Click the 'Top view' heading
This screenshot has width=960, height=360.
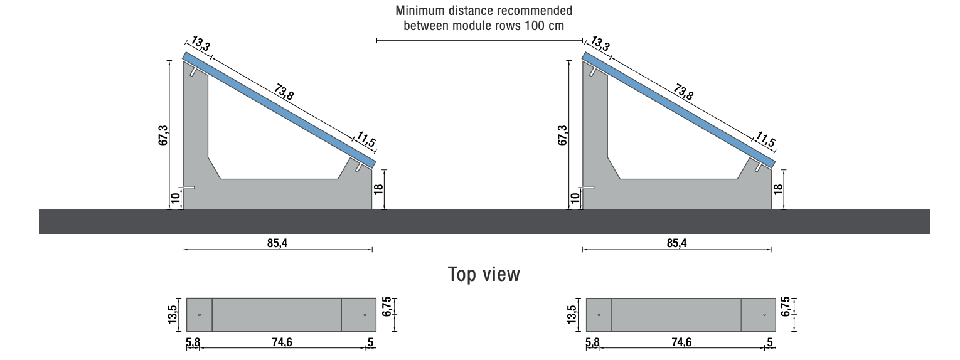(x=484, y=274)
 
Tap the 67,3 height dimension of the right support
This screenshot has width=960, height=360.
(x=563, y=135)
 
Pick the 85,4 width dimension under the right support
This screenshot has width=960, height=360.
(x=676, y=243)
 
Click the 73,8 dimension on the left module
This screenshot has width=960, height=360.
(x=284, y=92)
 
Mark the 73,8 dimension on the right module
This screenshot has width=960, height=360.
(x=683, y=92)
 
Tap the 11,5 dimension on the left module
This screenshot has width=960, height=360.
(x=366, y=140)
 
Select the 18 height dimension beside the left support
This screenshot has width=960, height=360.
(x=378, y=189)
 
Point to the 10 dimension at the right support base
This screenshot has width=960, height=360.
(x=575, y=199)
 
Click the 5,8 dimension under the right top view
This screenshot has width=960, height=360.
(x=592, y=342)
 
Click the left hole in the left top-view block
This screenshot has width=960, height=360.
(x=200, y=314)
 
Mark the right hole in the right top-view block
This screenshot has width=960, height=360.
(x=764, y=314)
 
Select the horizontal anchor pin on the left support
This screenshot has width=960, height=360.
(x=188, y=188)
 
